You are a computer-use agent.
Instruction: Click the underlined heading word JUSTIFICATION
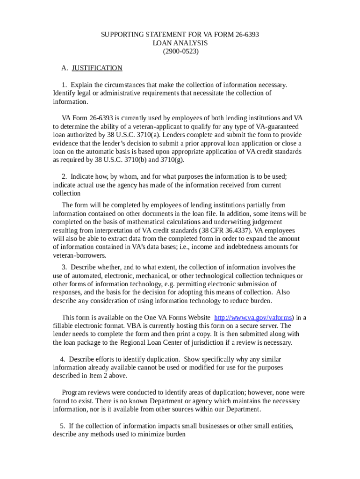[x=97, y=68]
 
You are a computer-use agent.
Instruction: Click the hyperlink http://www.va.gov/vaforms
[x=252, y=318]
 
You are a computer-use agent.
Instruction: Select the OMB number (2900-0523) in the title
[x=180, y=51]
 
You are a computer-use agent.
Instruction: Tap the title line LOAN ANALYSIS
[x=180, y=43]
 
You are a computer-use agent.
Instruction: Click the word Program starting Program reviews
[x=74, y=392]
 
